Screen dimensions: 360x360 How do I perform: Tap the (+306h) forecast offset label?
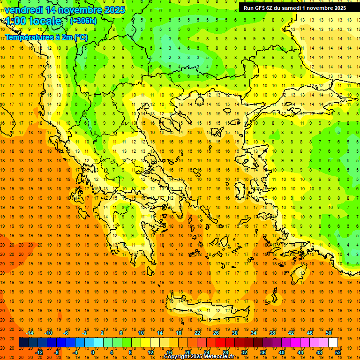point(83,21)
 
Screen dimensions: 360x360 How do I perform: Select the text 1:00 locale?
point(33,21)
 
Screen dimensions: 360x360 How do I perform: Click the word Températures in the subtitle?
point(29,37)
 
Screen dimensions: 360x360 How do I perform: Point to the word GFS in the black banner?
point(261,8)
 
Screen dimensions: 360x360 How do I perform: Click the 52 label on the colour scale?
point(338,352)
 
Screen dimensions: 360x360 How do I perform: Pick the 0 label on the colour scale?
point(92,352)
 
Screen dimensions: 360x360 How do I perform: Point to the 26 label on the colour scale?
point(217,333)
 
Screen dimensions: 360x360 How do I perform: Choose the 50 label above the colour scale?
point(328,333)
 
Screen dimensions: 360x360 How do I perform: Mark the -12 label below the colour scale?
point(39,352)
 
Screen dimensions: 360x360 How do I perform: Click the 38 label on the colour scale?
point(272,333)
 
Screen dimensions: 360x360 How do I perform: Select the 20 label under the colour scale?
point(187,352)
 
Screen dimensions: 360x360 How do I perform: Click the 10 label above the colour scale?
point(141,333)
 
